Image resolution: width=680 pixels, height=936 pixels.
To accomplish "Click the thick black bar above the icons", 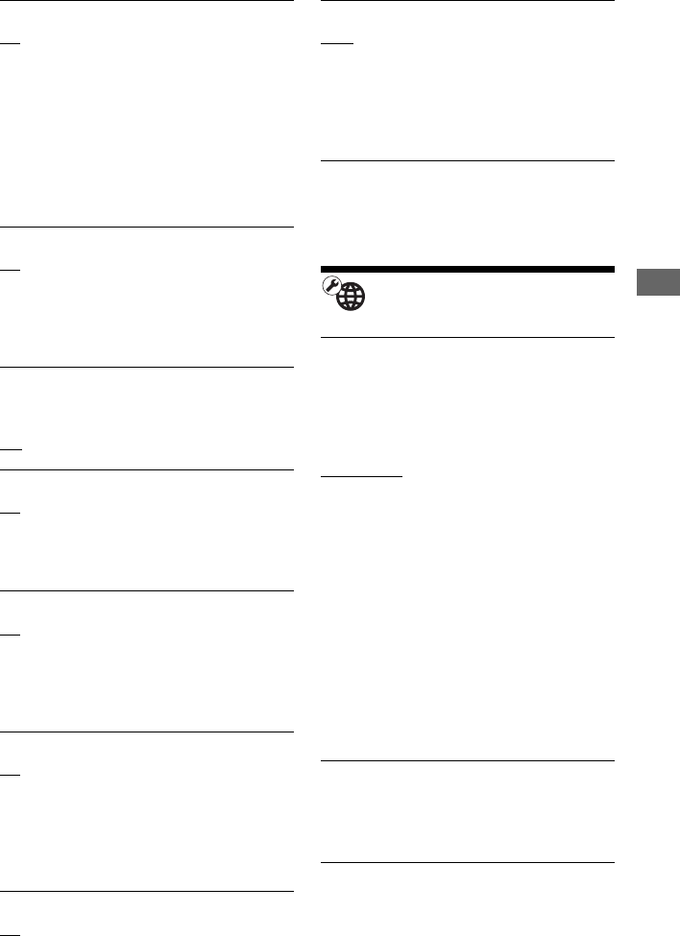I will point(465,270).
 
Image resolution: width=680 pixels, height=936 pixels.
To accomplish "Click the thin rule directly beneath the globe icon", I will point(465,337).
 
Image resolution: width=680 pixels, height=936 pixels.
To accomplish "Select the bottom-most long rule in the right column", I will point(465,862).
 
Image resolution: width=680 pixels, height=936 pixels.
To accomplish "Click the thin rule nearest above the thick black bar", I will point(465,161).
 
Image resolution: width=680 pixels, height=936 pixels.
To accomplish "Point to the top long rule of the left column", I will point(146,1).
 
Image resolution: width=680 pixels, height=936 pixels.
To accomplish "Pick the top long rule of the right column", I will point(465,1).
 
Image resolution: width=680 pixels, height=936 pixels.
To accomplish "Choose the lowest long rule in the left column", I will point(146,893).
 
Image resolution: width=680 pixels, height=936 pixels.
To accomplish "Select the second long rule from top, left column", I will point(146,228).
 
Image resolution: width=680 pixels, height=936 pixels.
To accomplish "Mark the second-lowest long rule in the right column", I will point(465,761).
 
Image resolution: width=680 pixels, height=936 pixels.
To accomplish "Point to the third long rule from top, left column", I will point(146,367).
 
